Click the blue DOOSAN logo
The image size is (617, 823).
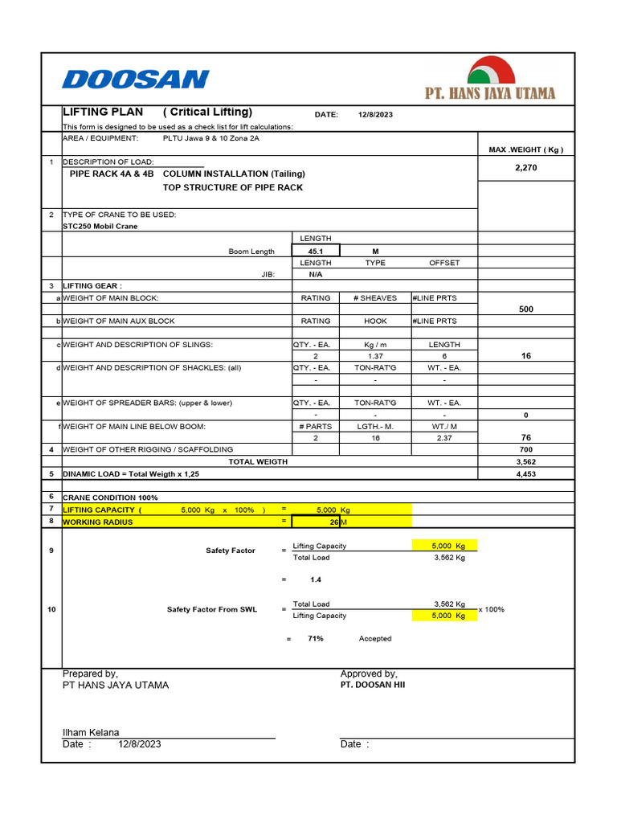(135, 79)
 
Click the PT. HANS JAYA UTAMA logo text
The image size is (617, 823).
(489, 93)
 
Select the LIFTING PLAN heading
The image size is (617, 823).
(92, 112)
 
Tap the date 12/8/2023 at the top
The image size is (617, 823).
(375, 115)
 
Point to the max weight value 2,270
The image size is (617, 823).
(525, 168)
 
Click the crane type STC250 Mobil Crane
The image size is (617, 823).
(100, 227)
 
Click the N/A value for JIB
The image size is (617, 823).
(315, 274)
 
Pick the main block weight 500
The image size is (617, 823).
(525, 309)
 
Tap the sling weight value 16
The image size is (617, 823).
(525, 356)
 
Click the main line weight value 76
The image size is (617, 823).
(525, 438)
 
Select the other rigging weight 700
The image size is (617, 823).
(525, 449)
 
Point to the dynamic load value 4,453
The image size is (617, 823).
(525, 474)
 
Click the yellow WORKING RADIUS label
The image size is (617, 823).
(98, 522)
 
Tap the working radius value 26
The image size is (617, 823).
(334, 522)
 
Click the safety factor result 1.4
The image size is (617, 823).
(317, 579)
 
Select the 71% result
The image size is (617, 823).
(315, 639)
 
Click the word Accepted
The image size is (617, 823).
(375, 639)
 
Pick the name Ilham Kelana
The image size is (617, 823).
(91, 732)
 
